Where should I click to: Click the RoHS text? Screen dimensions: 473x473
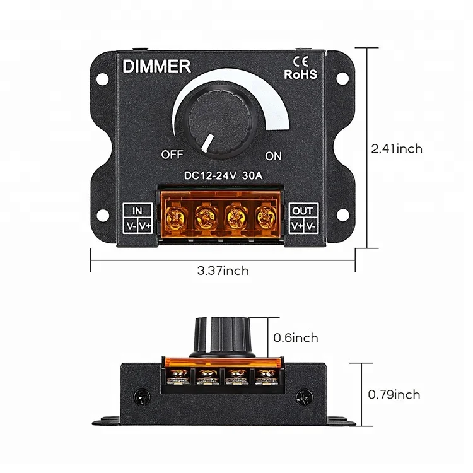tap(301, 74)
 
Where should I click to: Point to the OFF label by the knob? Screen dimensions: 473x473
tap(172, 154)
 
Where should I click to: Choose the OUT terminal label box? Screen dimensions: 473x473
tap(303, 218)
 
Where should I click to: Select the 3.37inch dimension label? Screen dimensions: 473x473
tap(223, 271)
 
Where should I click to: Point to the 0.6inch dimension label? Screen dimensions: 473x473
tap(296, 338)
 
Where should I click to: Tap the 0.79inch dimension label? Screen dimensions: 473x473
tap(394, 395)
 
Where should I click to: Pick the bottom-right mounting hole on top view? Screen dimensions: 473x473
tap(342, 216)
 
